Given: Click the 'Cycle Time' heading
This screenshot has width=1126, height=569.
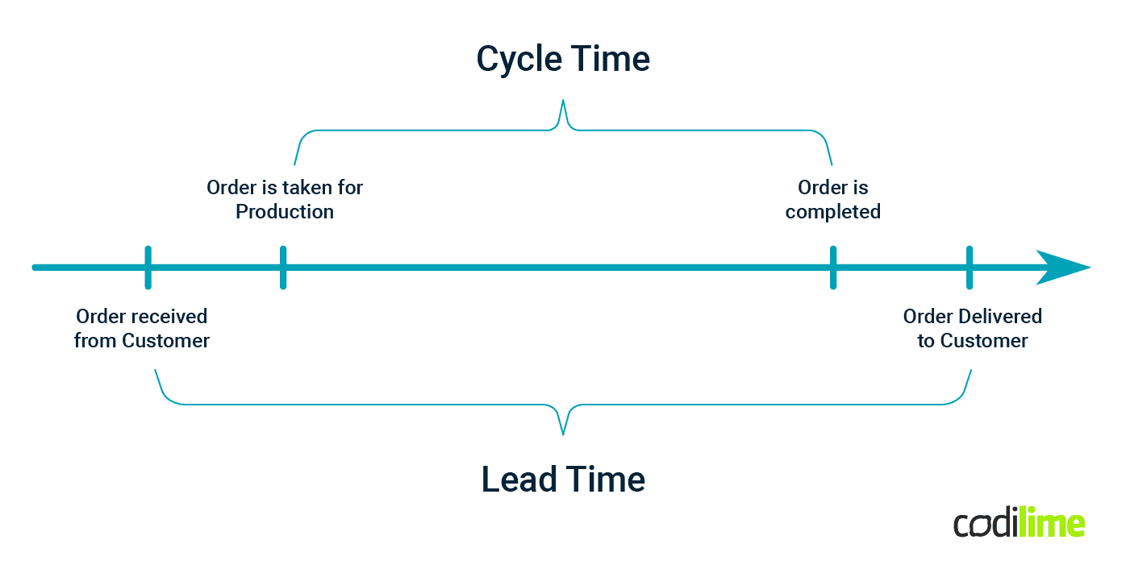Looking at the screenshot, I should [x=563, y=59].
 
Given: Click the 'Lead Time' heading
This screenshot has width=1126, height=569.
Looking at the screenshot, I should [x=563, y=480].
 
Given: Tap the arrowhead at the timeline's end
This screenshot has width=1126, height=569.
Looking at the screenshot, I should [x=1063, y=268].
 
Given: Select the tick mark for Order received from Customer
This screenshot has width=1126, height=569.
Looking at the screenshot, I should [x=148, y=268].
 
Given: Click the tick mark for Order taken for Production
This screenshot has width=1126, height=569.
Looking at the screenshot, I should [x=282, y=268].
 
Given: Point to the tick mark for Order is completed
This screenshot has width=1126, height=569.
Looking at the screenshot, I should [x=832, y=268].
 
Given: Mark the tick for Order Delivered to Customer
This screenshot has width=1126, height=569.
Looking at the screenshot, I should [x=969, y=268].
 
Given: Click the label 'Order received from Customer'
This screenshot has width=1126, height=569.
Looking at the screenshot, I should [x=142, y=329].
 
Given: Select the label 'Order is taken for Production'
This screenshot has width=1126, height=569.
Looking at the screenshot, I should [x=285, y=199].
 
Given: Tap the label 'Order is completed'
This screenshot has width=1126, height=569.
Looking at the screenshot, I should [x=832, y=199].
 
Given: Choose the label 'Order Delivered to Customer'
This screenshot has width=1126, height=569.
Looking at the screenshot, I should [x=972, y=329].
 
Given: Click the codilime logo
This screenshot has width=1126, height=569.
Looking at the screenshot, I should [x=1019, y=524].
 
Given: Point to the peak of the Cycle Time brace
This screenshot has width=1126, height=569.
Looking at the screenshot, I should [x=563, y=102].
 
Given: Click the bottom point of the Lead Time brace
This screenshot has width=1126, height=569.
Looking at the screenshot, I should [x=563, y=433].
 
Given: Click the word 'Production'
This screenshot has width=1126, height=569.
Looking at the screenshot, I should [x=285, y=212].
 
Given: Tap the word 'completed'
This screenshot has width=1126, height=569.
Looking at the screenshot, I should [x=832, y=212].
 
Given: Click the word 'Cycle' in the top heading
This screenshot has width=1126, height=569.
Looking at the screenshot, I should [x=515, y=59].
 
